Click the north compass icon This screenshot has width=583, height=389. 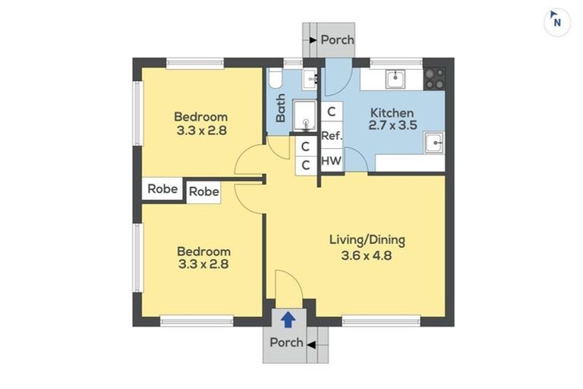(557, 22)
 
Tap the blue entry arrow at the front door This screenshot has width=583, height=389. (288, 319)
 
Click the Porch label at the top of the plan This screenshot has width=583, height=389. (337, 40)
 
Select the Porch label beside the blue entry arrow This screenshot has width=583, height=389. (286, 343)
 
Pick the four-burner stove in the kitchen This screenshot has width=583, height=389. (434, 77)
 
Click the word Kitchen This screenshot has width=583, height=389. (392, 113)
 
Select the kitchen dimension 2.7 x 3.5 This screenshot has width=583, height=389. (392, 127)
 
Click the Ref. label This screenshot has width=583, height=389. (331, 136)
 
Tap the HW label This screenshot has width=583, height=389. (331, 161)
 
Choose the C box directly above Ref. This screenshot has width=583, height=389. (331, 112)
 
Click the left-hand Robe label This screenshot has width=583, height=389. (162, 189)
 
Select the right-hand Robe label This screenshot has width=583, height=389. (203, 192)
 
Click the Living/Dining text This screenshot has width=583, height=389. (367, 240)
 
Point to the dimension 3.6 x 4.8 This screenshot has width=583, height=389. (367, 255)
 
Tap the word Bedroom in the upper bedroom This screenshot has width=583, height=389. (200, 116)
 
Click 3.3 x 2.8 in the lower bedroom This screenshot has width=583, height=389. (203, 264)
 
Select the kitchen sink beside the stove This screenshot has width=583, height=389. (395, 78)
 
